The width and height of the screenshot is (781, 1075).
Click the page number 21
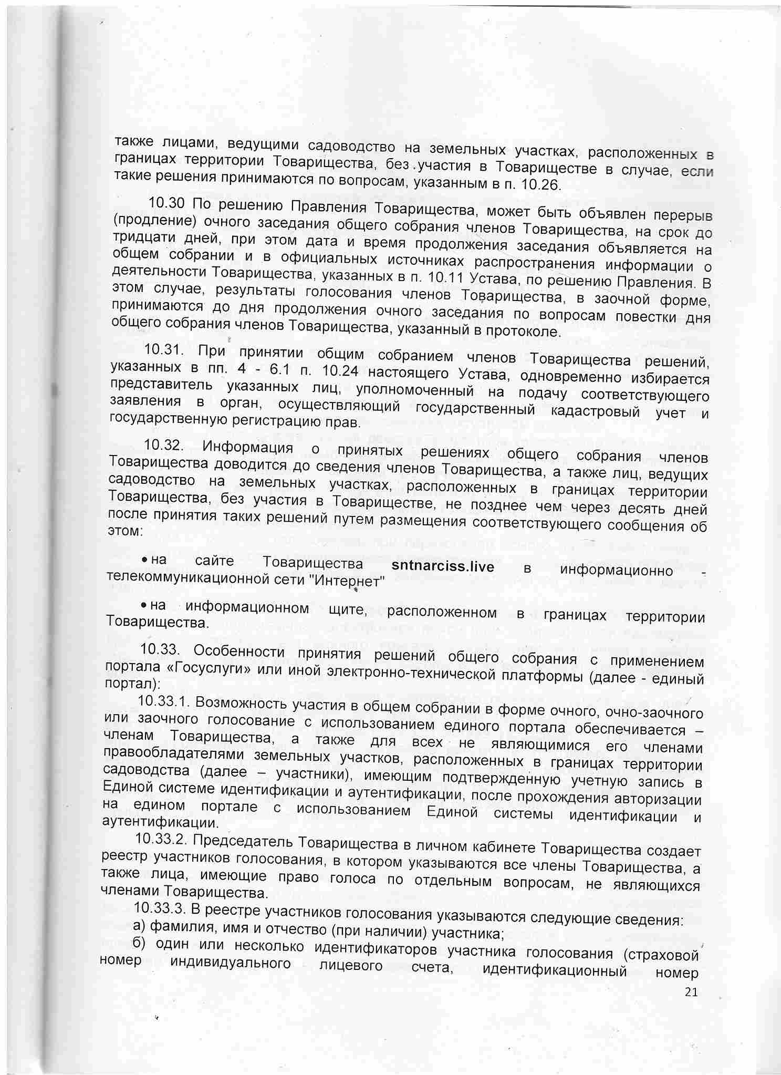pyautogui.click(x=691, y=992)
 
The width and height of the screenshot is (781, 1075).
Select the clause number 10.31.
pyautogui.click(x=162, y=349)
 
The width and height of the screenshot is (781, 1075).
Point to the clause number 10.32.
pyautogui.click(x=162, y=445)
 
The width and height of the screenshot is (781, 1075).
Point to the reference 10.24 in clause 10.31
pyautogui.click(x=340, y=371)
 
